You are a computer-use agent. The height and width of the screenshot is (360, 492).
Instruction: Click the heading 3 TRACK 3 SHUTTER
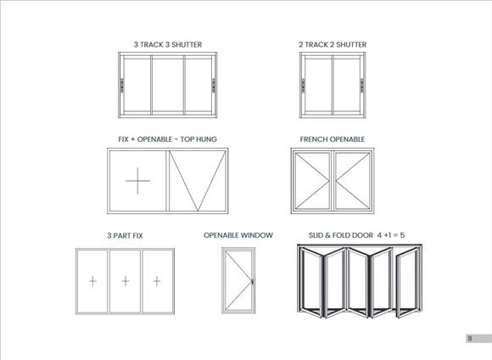(168, 45)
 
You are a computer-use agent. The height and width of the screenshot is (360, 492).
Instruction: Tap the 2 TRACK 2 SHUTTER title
(333, 45)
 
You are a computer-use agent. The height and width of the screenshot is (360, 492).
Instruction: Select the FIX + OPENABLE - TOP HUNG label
(168, 139)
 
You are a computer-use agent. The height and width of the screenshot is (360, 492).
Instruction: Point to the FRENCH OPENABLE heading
(333, 139)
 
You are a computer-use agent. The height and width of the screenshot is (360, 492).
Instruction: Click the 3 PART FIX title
(125, 235)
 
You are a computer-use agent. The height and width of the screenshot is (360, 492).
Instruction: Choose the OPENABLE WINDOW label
(238, 235)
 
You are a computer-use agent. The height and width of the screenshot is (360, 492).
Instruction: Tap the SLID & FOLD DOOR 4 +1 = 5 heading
(357, 235)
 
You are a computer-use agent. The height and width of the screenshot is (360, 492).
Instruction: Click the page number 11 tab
(478, 338)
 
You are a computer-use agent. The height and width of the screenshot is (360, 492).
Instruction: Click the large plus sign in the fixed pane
(137, 181)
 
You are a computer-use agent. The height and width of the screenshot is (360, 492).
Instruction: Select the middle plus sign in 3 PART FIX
(126, 281)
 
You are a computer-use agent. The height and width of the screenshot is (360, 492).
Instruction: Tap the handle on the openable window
(252, 282)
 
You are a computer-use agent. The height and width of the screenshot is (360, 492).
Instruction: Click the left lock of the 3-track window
(122, 86)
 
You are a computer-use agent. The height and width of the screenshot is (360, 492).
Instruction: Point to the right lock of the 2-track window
(361, 86)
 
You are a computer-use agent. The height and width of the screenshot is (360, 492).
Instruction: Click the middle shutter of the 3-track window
(168, 85)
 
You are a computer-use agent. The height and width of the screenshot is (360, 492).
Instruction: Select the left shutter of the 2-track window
(318, 85)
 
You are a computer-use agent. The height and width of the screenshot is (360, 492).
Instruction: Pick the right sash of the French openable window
(352, 181)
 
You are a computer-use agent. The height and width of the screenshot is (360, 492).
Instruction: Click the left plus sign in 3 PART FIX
(92, 281)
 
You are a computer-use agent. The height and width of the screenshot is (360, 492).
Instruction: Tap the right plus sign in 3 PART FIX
(157, 281)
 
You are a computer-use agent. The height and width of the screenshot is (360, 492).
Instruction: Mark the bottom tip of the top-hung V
(198, 211)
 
